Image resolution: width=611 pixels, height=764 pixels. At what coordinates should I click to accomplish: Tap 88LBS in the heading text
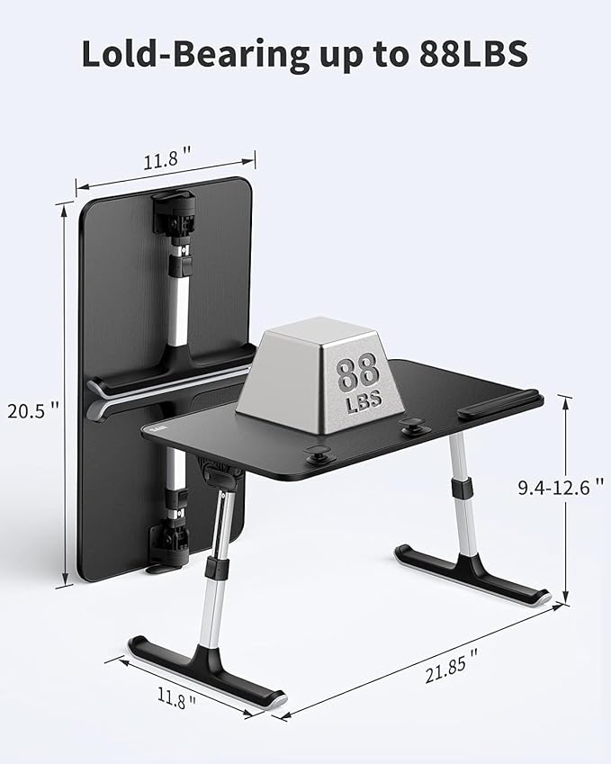click(x=472, y=55)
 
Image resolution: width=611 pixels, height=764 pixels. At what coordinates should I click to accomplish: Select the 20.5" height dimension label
click(x=33, y=410)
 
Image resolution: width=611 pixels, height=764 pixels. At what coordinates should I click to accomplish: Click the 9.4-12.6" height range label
click(x=560, y=488)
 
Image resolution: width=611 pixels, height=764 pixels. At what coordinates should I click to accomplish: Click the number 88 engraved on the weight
click(x=357, y=372)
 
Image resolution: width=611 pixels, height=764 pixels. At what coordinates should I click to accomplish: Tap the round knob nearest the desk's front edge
click(x=317, y=454)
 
